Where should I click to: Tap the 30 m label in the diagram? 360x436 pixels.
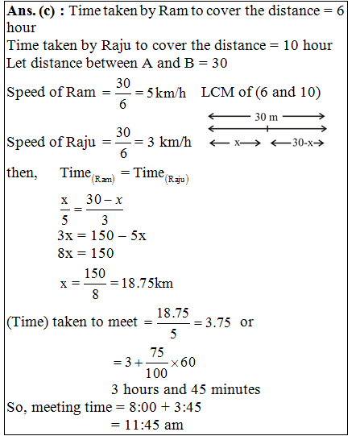pos(267,117)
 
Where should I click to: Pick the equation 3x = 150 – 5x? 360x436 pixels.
pos(101,236)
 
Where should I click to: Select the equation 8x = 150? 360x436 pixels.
pos(85,253)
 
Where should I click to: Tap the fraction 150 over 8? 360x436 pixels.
pos(94,284)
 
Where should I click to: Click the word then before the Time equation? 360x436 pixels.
pos(21,173)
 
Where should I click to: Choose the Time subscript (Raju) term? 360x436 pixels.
pos(161,175)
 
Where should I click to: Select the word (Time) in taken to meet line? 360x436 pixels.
pos(28,322)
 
